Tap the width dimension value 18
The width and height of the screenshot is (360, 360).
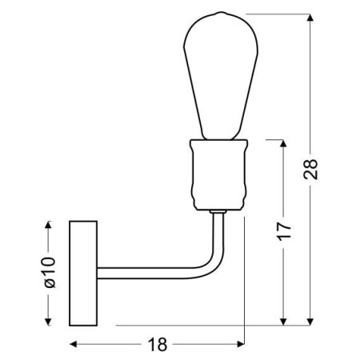point(158,345)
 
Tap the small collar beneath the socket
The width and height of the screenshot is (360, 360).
point(218,212)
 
